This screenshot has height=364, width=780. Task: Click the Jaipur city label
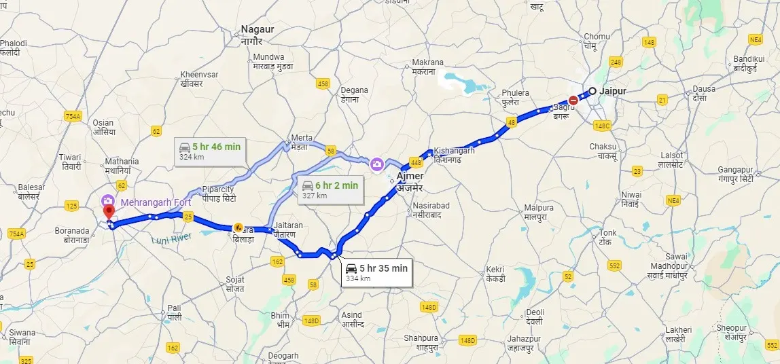tap(613, 91)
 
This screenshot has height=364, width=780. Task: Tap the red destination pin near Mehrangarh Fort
tap(108, 213)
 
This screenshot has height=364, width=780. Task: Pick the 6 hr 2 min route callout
tap(330, 189)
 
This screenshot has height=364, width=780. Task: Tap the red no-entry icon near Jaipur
tap(573, 101)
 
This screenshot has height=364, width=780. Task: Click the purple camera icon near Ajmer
tap(376, 163)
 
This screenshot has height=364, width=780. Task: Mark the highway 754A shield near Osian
tap(73, 117)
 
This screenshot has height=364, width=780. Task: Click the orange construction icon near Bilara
tap(238, 227)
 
